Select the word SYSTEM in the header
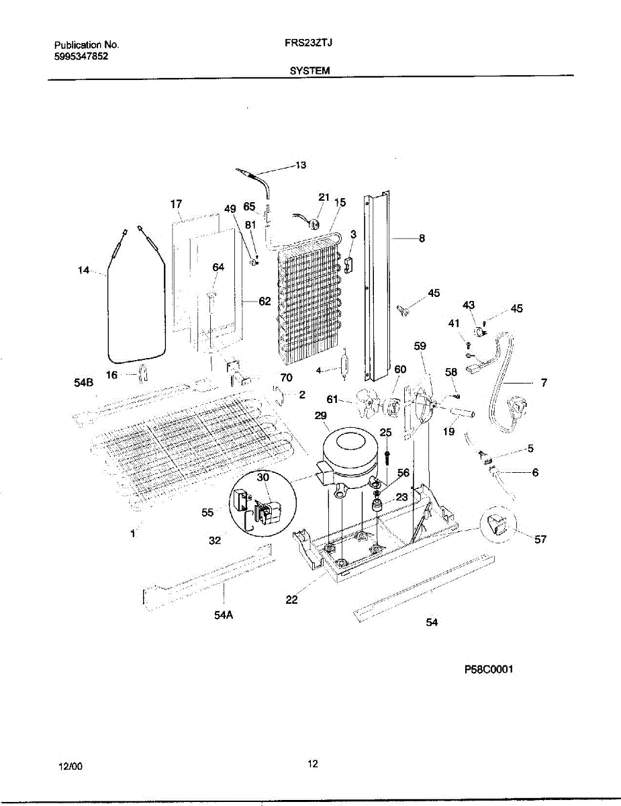[309, 70]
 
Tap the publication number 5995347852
[81, 57]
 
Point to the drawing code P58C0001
[488, 670]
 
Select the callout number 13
[299, 165]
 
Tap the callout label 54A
[224, 613]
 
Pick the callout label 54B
[83, 383]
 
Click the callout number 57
[540, 539]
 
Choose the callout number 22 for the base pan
[291, 600]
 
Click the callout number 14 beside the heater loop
[83, 271]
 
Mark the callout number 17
[176, 204]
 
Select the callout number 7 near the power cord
[543, 383]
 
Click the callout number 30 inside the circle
[262, 475]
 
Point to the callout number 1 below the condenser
[133, 533]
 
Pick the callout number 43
[469, 306]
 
